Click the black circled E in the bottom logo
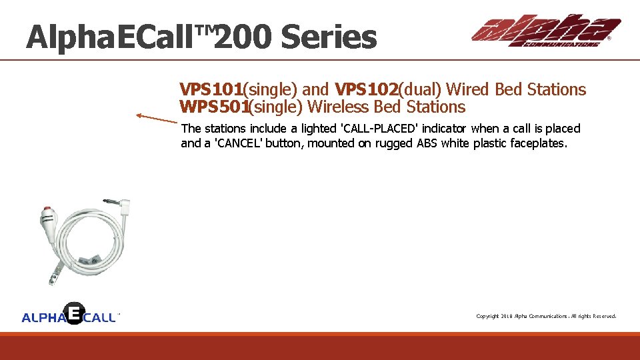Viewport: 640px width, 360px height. (74, 313)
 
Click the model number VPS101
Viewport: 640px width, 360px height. (211, 89)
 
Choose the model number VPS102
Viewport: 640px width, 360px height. (366, 89)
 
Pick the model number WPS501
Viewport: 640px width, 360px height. (214, 107)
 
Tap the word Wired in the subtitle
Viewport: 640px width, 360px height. (469, 89)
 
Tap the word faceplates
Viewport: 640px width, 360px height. (539, 143)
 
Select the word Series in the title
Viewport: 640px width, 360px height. (328, 37)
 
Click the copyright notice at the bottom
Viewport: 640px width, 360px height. (546, 316)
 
